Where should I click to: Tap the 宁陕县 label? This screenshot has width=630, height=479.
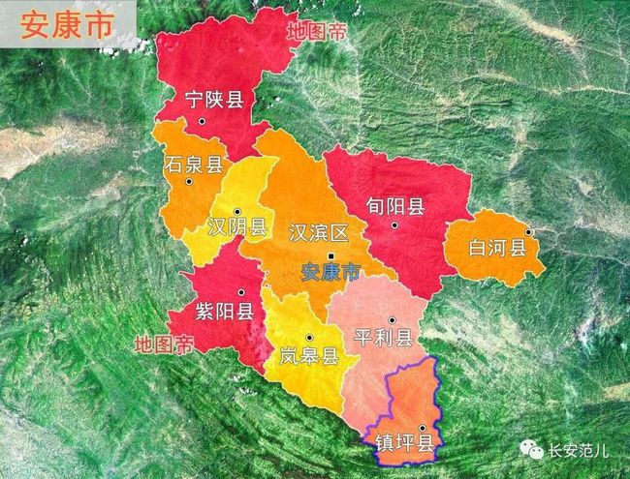click(214, 98)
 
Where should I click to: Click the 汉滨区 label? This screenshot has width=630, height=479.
click(318, 233)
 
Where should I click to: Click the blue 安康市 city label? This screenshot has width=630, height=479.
click(330, 272)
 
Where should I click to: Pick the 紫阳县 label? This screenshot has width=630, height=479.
click(225, 311)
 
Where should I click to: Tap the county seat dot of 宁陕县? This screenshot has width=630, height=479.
click(202, 121)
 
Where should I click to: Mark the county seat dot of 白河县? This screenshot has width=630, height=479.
click(529, 231)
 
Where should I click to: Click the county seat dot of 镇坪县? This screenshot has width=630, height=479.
click(422, 427)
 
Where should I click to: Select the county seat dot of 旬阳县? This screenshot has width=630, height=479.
click(394, 225)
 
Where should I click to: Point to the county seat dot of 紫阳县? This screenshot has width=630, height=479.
click(240, 292)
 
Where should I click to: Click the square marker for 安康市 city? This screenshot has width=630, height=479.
click(331, 255)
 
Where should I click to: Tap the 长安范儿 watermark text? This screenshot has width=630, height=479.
click(580, 450)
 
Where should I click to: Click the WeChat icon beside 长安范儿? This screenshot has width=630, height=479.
click(534, 450)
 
